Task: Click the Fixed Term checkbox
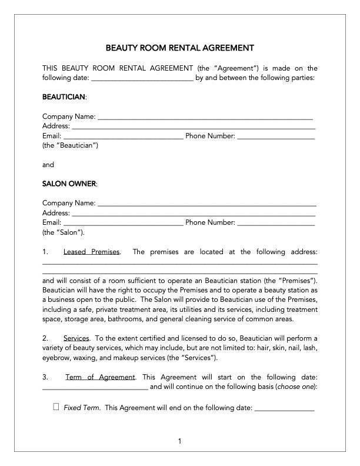coord(56,407)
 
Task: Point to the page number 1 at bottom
coord(179,441)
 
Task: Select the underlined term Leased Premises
coord(91,252)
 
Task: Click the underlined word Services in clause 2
coord(76,339)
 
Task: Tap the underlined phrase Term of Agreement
coord(100,377)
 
